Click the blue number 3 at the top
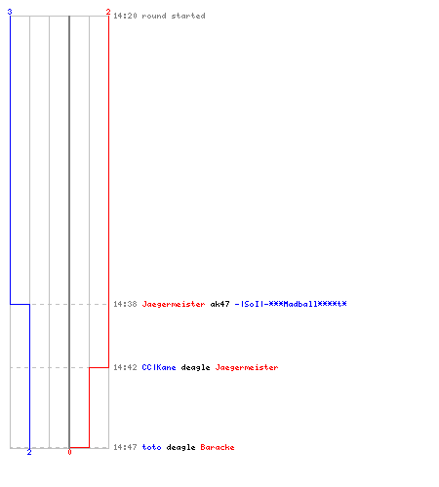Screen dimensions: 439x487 point(10,12)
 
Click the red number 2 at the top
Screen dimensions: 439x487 point(108,12)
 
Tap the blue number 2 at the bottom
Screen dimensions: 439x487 point(29,452)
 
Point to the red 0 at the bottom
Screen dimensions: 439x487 point(69,452)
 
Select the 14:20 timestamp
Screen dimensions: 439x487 point(125,16)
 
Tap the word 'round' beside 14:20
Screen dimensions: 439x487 point(154,16)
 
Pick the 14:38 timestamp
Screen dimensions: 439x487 point(125,304)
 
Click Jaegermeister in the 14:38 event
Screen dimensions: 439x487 point(174,304)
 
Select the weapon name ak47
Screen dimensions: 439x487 point(219,304)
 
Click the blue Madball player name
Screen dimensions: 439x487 point(291,304)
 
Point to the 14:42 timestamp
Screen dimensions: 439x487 point(125,367)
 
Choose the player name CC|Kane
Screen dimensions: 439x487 point(159,367)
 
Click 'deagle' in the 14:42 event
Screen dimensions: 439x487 point(195,368)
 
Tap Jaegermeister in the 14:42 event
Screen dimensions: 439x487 point(247,367)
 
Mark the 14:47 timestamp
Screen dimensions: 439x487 point(125,447)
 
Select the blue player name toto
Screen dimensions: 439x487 point(151,447)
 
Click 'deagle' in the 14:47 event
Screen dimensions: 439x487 point(180,448)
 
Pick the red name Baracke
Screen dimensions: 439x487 point(218,447)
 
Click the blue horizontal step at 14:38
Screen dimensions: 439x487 point(20,304)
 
